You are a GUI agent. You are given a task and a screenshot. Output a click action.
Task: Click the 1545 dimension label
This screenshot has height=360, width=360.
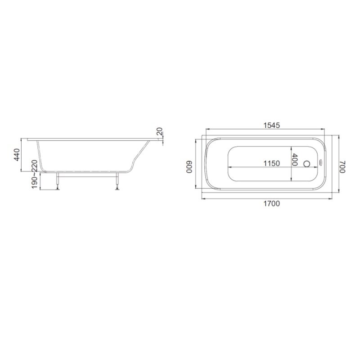[272, 126]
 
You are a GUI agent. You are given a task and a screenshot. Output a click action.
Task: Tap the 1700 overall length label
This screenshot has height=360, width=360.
[272, 204]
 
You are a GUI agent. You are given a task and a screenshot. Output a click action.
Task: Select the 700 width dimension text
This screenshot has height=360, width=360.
[342, 166]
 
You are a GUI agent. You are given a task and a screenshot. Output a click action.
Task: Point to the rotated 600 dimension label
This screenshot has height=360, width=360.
[189, 166]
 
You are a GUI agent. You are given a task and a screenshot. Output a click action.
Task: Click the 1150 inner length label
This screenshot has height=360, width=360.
[272, 163]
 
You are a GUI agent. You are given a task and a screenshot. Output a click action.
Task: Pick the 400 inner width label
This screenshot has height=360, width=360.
[295, 159]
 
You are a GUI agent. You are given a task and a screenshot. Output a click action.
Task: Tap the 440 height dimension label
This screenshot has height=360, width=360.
[17, 155]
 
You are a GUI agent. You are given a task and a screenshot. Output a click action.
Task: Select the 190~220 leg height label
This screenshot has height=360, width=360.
[35, 174]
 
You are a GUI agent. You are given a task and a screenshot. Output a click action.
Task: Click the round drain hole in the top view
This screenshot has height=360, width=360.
[306, 164]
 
